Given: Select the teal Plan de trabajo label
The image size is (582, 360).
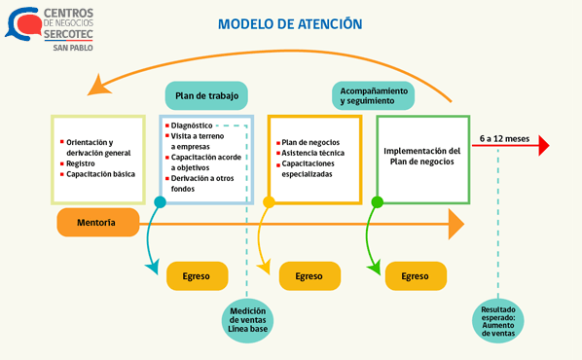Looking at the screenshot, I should [205, 95].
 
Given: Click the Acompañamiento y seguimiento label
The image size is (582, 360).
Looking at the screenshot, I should [373, 94].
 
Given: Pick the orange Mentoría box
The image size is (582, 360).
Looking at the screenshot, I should [96, 223].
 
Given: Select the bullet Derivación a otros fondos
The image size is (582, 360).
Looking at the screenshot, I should [201, 183].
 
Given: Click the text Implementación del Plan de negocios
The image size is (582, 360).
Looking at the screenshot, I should [421, 157].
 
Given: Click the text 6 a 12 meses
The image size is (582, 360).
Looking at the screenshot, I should [504, 139].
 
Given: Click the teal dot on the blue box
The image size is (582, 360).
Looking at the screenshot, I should [160, 202].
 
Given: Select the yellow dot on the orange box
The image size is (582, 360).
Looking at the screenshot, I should [270, 202].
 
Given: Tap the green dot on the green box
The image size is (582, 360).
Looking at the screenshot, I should [378, 202].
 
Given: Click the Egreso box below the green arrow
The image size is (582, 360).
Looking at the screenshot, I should [415, 276].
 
